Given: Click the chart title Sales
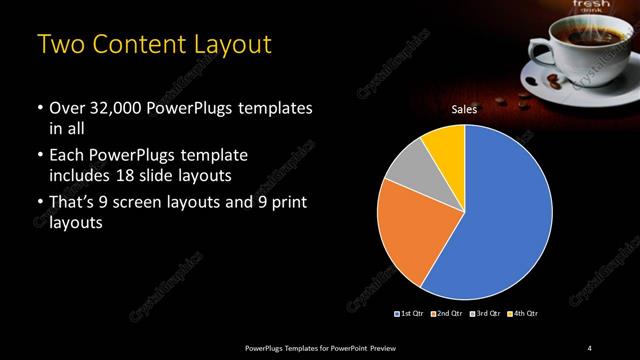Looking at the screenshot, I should pos(464,109).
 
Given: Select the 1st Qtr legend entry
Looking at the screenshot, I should pos(410,314).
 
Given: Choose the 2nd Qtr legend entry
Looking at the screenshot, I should pos(446,314).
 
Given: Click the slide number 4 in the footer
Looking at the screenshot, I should pos(590,347).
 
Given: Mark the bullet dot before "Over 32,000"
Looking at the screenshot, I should pos(39,107).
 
